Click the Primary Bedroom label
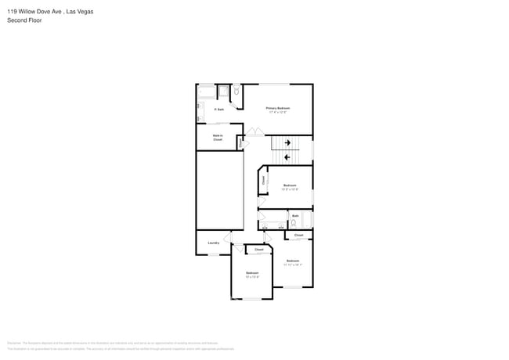click(x=277, y=110)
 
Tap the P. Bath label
click(x=219, y=110)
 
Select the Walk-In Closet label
click(x=218, y=138)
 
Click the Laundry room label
click(x=213, y=243)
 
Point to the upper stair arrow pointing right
click(x=287, y=142)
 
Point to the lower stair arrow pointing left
click(x=287, y=157)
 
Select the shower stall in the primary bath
click(x=222, y=92)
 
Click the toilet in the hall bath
click(x=292, y=222)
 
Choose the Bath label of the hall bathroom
click(x=294, y=214)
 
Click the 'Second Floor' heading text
click(x=24, y=20)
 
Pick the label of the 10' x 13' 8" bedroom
click(x=251, y=275)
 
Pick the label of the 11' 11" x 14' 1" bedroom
click(x=292, y=262)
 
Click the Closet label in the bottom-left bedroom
click(x=258, y=250)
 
